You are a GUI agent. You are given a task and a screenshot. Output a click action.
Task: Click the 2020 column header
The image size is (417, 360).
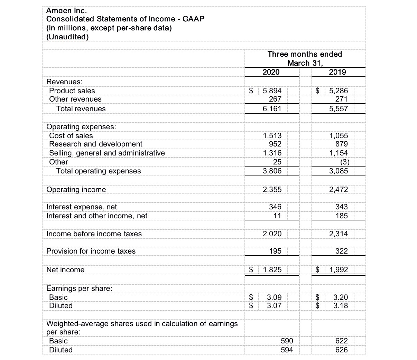(271, 72)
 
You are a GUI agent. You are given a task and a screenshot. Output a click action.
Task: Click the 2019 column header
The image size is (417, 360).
(337, 72)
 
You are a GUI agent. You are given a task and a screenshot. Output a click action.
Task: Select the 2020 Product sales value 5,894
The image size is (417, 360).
(272, 91)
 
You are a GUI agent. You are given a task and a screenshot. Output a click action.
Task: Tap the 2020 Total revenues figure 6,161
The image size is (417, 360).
(272, 109)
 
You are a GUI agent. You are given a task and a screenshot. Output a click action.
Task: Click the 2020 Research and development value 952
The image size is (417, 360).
(275, 144)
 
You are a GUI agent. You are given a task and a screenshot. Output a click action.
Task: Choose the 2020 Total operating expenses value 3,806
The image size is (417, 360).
(272, 171)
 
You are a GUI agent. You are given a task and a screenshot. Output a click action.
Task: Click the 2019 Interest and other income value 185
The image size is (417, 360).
(342, 216)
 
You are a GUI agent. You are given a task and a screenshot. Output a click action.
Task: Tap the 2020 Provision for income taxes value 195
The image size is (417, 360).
(275, 251)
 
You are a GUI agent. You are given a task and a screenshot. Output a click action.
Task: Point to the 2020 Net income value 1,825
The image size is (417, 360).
(272, 270)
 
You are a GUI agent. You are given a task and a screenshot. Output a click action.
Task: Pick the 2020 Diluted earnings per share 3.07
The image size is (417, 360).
(274, 306)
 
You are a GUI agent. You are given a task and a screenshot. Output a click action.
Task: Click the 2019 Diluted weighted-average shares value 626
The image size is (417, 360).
(342, 350)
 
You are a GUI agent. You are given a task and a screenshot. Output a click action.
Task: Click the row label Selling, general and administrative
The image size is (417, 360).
(107, 153)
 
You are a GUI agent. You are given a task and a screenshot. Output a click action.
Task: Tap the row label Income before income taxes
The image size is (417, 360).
(94, 234)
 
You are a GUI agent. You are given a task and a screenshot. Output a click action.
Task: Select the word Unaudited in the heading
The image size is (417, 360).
(67, 37)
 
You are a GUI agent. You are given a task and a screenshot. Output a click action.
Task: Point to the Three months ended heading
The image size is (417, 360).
(305, 54)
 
